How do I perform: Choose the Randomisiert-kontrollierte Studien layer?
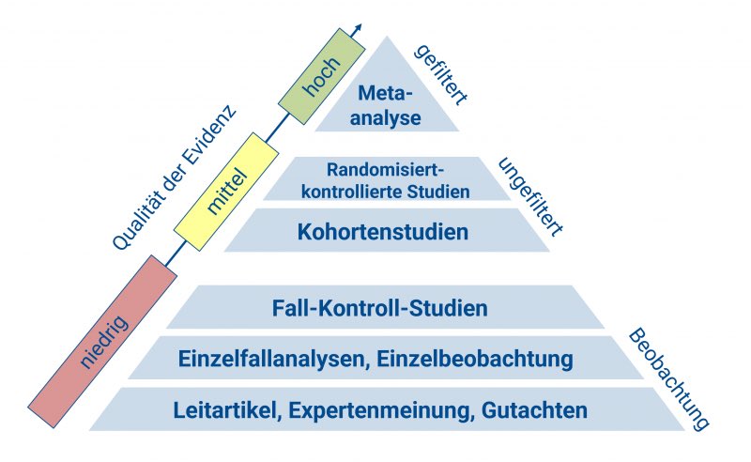click(385, 179)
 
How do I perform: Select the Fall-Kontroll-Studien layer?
click(380, 307)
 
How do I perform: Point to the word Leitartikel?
click(226, 410)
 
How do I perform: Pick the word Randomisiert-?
click(384, 170)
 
